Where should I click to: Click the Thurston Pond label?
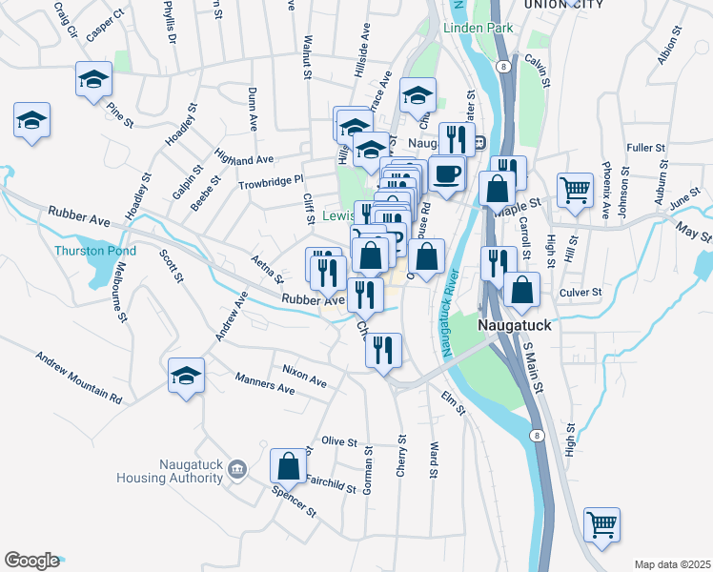click(94, 252)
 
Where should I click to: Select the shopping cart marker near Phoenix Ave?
click(575, 190)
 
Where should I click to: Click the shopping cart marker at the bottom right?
click(601, 522)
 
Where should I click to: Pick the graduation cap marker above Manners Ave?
click(187, 375)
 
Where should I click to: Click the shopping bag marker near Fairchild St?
click(288, 465)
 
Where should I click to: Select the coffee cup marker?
click(446, 173)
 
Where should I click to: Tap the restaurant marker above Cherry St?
click(383, 349)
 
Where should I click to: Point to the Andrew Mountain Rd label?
click(79, 378)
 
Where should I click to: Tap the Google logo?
click(31, 561)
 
